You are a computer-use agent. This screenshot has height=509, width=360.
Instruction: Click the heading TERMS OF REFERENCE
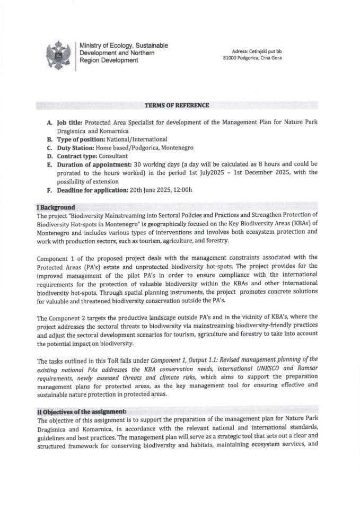(180, 106)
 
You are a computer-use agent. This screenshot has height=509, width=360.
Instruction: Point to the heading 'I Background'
(56, 207)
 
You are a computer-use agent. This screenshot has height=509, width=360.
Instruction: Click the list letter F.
(49, 189)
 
